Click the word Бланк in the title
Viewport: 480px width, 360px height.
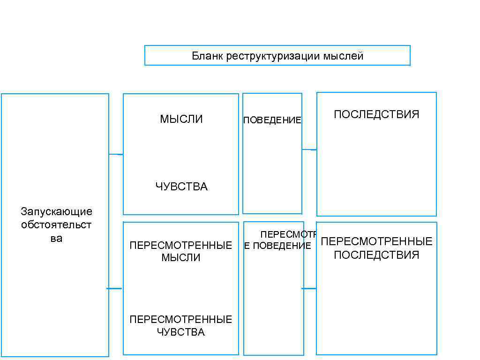coord(207,56)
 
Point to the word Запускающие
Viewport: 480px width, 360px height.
coord(56,211)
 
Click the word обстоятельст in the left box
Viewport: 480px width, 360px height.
coord(56,225)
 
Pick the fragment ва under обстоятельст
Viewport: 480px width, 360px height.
coord(56,238)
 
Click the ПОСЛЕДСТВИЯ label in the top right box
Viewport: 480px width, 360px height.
coord(376,114)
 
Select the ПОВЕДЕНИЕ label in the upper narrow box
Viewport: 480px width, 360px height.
coord(272,120)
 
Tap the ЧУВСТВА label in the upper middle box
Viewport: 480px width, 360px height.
coord(181,187)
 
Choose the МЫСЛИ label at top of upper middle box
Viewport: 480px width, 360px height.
coord(181,119)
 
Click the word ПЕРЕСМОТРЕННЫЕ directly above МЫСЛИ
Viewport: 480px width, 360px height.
coord(181,246)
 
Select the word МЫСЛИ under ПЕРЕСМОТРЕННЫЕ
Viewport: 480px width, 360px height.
coord(181,257)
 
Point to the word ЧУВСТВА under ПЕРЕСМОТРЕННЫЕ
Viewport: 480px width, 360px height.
coord(181,332)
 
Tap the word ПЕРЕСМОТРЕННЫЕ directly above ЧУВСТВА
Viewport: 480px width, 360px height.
coord(181,320)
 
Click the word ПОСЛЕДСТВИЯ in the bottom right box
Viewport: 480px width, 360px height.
coord(376,255)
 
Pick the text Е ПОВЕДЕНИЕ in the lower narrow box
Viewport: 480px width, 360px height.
coord(277,246)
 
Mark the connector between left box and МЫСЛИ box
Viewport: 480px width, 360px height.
coord(116,154)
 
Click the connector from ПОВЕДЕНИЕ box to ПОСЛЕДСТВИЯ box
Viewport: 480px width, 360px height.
coord(309,150)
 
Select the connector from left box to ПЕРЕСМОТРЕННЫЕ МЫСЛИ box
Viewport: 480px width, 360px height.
coord(115,288)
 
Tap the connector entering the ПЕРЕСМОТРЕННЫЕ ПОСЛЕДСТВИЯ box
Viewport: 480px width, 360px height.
coord(309,288)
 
